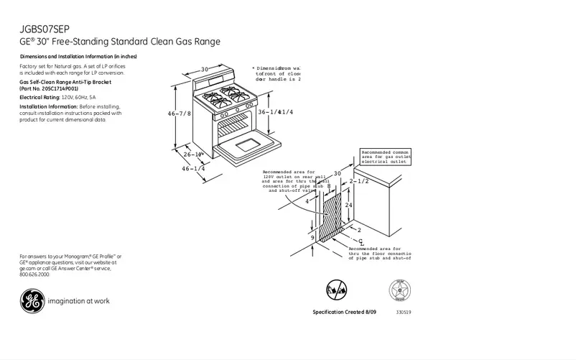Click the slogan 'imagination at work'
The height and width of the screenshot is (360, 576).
78,301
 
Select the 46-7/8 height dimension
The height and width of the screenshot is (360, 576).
179,114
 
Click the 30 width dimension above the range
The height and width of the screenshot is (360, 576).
204,69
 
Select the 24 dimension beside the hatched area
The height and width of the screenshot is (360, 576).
348,205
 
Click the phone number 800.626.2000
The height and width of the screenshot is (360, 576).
35,274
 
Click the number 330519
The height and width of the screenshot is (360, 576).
404,313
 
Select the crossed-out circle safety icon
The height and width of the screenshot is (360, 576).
335,290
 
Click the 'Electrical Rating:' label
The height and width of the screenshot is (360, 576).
40,96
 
